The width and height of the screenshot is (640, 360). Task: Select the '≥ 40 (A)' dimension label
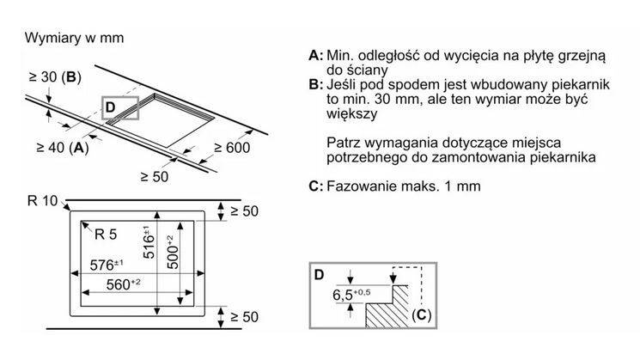coord(62,146)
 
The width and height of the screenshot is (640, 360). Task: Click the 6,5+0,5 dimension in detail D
coord(350,296)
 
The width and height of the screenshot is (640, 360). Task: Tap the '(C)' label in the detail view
coord(420,314)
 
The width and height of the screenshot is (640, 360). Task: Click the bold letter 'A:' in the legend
coord(316,56)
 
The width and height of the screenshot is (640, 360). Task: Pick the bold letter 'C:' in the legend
coord(316,186)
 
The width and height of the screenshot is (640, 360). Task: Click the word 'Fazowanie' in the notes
coord(359,186)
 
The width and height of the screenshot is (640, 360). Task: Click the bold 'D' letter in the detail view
coord(319,275)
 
